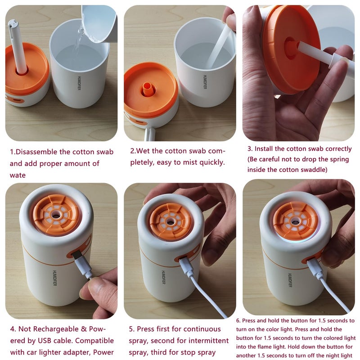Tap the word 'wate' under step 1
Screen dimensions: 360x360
click(18, 175)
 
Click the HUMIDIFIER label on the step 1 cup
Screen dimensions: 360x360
click(79, 83)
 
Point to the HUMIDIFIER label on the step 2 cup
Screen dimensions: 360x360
click(205, 82)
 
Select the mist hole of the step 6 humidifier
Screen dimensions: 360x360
click(295, 221)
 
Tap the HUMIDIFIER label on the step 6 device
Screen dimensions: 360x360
click(290, 280)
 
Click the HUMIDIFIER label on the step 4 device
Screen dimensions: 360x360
click(54, 278)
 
